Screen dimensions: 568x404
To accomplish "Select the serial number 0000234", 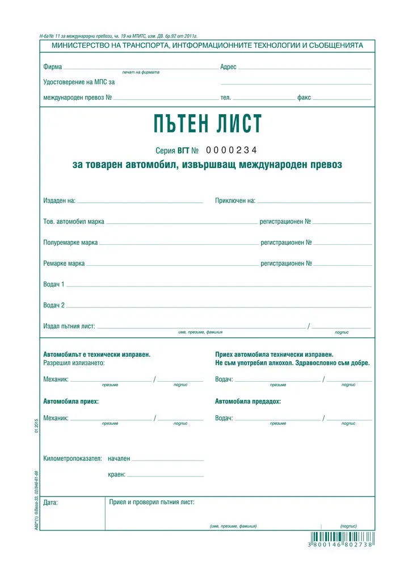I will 231,151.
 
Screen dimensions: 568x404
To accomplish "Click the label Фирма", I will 52,67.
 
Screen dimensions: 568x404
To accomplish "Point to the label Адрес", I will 228,67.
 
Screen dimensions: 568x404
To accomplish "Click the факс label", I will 304,98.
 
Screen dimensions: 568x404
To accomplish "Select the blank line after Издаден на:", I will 140,202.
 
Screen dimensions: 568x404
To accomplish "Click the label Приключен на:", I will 235,201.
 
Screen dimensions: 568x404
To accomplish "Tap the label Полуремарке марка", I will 70,243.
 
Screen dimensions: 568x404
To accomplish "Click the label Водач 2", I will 54,305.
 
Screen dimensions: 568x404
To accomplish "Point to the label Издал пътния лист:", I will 69,327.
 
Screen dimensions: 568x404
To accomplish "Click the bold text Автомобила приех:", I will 71,402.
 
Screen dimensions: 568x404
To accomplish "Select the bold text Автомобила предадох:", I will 247,402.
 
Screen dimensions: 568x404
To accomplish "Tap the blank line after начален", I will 167,460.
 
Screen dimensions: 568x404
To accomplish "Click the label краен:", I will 116,474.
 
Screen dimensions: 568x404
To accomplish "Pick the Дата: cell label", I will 51,502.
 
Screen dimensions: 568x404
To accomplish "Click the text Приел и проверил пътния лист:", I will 152,502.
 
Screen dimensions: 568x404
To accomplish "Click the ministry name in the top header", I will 207,45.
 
